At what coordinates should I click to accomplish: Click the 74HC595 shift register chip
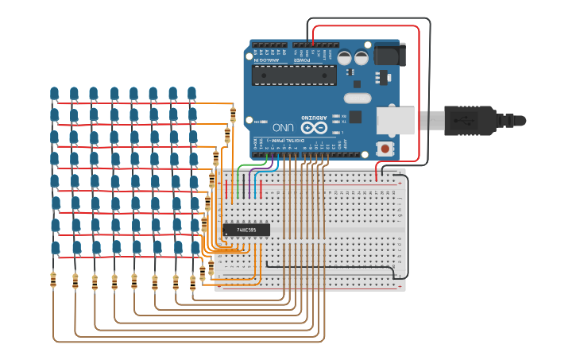pos(246,230)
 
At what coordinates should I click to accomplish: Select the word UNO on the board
pos(284,127)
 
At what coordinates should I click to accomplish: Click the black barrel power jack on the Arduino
pos(388,54)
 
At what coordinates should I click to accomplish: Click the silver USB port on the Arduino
pos(396,120)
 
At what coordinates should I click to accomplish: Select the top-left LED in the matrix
pos(54,95)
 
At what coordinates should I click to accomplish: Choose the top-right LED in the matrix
pos(191,94)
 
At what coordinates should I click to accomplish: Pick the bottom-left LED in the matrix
pos(56,249)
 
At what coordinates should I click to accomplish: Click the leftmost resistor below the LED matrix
pos(53,280)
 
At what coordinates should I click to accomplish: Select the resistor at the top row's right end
pos(233,114)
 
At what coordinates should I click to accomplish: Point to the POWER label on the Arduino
pos(301,60)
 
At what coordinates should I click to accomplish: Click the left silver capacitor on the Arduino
pos(344,58)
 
